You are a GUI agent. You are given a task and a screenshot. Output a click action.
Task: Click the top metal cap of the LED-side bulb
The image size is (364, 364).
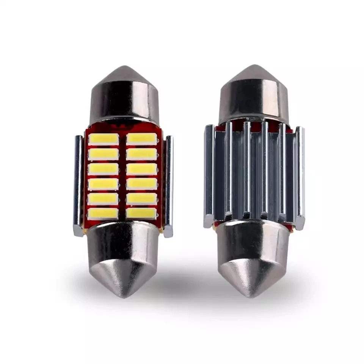coord(124,99)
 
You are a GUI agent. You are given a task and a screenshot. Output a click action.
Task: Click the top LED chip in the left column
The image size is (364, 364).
coord(104,139)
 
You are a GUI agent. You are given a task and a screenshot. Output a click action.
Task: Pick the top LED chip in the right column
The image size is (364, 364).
coord(141,139)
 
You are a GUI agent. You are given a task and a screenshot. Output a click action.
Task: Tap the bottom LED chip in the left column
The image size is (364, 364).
coord(104,213)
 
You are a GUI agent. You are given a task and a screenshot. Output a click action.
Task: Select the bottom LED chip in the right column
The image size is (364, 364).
coord(141,213)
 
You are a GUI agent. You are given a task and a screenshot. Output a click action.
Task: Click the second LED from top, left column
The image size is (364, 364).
coord(104,154)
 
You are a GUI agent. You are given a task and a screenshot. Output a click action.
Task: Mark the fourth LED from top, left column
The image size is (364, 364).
coord(104,184)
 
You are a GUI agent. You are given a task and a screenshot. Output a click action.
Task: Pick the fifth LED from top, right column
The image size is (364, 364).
coord(141,199)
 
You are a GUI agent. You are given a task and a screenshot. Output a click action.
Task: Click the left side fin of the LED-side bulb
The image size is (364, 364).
coord(78,186)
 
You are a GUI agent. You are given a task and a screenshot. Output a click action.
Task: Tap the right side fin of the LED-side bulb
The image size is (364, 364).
coord(169,186)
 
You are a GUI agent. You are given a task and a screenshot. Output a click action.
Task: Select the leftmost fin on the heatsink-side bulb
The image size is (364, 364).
coord(209,176)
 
